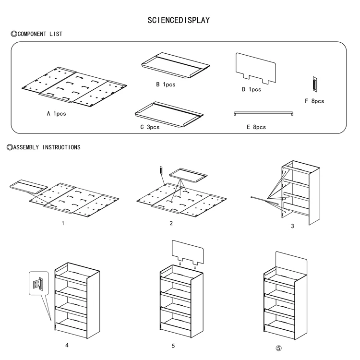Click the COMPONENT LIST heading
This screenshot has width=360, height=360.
coord(36,34)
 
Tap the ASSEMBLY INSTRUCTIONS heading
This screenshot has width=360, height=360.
coord(44,147)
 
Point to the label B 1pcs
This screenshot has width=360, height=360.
coord(166,84)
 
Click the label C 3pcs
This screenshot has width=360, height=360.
coord(150,127)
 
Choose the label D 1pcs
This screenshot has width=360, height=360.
coord(252,89)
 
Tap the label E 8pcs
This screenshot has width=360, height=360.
coord(256,127)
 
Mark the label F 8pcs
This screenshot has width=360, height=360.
coord(314,101)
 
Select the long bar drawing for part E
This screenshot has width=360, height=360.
coord(264,113)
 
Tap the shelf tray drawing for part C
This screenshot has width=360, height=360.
coord(168,114)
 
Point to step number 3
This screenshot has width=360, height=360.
coord(292,226)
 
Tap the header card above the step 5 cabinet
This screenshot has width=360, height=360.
coord(187,252)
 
